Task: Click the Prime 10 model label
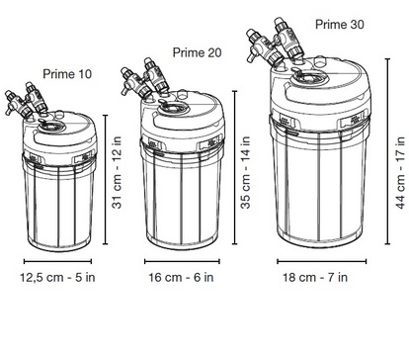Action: (67, 74)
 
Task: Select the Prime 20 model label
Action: (197, 52)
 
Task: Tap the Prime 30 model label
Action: (340, 25)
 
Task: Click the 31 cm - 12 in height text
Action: (117, 172)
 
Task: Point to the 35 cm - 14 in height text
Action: (246, 172)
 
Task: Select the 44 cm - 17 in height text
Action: (400, 172)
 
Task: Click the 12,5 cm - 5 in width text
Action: (57, 277)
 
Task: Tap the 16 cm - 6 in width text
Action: (181, 277)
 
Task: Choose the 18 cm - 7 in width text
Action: (315, 277)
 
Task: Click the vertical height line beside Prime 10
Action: (106, 179)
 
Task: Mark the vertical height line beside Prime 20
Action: (234, 167)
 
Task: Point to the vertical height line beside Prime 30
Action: (387, 151)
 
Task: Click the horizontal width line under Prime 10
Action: (57, 262)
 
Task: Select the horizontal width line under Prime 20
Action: (182, 262)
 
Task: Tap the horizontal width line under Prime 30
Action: (321, 262)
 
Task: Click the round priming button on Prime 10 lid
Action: (49, 126)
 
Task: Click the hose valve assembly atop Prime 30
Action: (274, 43)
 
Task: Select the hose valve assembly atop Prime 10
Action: (27, 101)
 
